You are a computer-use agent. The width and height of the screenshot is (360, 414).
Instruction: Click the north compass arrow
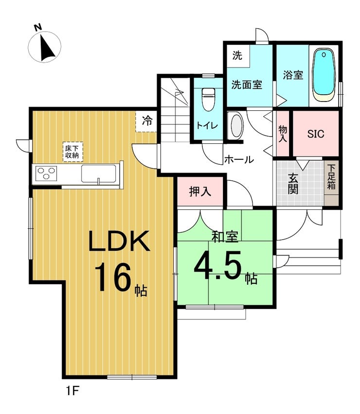coord(47,48)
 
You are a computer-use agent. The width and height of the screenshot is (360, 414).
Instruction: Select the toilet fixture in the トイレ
coord(209,99)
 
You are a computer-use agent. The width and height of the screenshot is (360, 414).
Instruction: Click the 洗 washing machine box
coord(237,56)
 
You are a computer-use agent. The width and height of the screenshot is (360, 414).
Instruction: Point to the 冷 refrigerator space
coord(147,121)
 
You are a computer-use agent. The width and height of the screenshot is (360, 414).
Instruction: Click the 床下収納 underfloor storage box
coord(72,152)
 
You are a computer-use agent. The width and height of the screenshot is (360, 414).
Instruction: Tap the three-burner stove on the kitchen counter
coord(47,173)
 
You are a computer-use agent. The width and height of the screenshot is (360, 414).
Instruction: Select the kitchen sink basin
coord(98,173)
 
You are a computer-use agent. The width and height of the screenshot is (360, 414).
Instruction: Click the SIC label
coord(316,134)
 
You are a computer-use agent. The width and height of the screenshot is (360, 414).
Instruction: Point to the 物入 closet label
coord(283,134)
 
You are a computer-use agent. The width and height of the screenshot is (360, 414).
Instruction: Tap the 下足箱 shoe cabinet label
coord(331,177)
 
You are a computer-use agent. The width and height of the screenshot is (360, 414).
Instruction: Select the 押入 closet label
coord(200,191)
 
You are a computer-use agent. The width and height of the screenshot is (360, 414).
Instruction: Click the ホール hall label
coord(239,159)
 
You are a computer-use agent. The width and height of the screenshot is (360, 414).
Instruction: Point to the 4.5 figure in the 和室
coord(218,265)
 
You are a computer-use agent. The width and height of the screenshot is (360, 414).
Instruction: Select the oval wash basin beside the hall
coord(236,125)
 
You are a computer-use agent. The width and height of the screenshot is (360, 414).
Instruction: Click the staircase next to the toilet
coord(175,109)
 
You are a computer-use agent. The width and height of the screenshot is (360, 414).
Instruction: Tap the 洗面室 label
coord(247,85)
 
